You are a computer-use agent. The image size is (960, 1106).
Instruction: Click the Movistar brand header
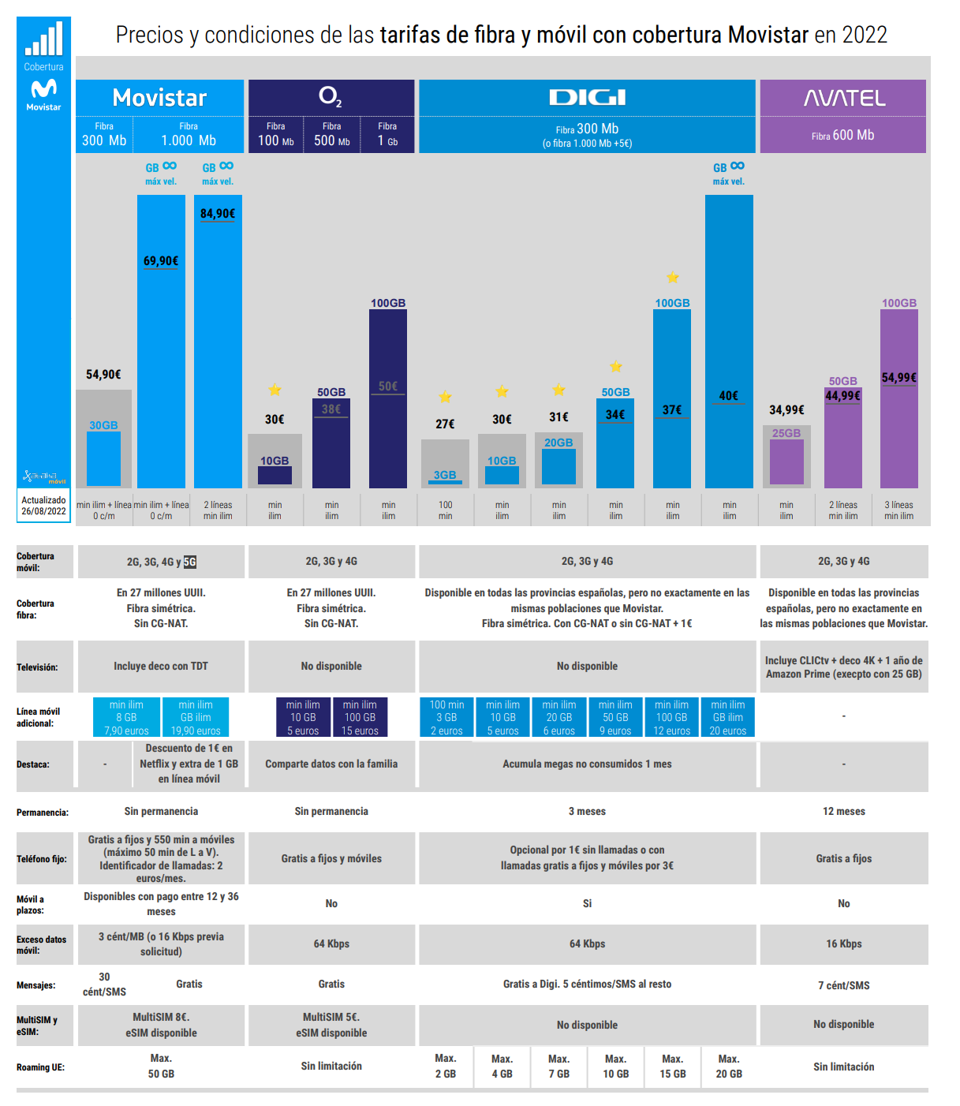click(159, 98)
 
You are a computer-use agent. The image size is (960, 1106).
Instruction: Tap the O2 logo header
click(331, 97)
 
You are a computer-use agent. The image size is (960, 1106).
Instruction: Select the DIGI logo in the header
click(587, 98)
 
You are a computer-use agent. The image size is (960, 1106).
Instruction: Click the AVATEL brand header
click(844, 99)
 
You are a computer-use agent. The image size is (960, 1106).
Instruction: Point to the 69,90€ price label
click(161, 261)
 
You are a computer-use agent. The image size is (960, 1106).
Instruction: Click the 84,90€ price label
click(218, 214)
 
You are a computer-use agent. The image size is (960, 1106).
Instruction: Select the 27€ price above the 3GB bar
click(445, 424)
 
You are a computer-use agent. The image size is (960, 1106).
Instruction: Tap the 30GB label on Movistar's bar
click(103, 425)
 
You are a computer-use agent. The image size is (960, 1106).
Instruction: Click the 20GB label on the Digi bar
click(558, 443)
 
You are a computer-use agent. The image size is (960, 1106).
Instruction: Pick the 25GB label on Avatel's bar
click(786, 433)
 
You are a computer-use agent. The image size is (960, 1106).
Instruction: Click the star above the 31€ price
click(558, 390)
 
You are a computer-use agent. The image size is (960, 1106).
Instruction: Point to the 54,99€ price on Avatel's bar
click(899, 378)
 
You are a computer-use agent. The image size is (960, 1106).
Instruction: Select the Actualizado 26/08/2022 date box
click(44, 506)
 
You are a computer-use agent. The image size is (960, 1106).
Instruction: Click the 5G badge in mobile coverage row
click(190, 562)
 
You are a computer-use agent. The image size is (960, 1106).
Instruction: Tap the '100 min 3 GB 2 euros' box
click(446, 717)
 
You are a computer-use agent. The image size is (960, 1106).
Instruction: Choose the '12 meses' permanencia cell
click(844, 812)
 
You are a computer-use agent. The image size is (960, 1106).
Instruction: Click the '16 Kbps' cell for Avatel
click(844, 944)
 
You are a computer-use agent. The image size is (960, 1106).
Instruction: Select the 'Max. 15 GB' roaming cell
click(673, 1067)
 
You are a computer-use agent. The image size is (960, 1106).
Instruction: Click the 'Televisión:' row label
click(37, 667)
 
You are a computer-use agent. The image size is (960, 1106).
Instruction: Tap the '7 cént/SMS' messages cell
click(844, 985)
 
